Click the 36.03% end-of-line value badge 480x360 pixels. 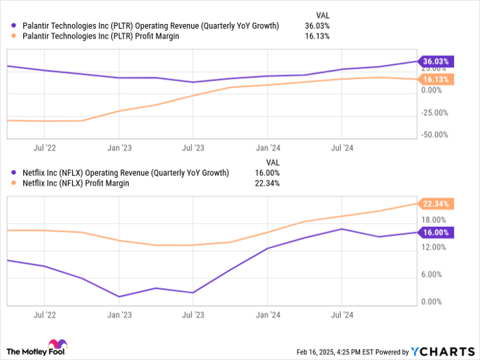coord(437,61)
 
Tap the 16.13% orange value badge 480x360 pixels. coord(437,80)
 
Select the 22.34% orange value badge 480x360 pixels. coord(437,204)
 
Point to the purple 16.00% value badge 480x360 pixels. coord(437,232)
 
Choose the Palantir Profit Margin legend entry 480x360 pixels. coord(99,36)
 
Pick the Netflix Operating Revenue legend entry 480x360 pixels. coord(124,173)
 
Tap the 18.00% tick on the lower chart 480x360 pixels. coord(435,219)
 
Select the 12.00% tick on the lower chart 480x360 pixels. coord(435,247)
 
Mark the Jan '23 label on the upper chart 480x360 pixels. coord(119,147)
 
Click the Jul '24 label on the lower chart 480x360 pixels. coord(341,315)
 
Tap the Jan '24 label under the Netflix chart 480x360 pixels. coord(267,315)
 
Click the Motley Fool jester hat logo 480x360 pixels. coord(56,347)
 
